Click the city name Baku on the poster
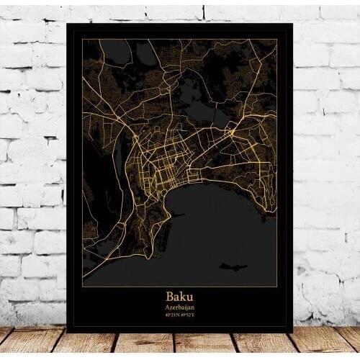179,296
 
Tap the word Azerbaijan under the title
179,306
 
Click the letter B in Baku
170,296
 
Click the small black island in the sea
233,266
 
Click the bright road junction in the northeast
232,134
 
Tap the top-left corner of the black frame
68,24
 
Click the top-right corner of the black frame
292,24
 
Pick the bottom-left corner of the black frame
68,330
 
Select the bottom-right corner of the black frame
292,330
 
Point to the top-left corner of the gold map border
82,39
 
